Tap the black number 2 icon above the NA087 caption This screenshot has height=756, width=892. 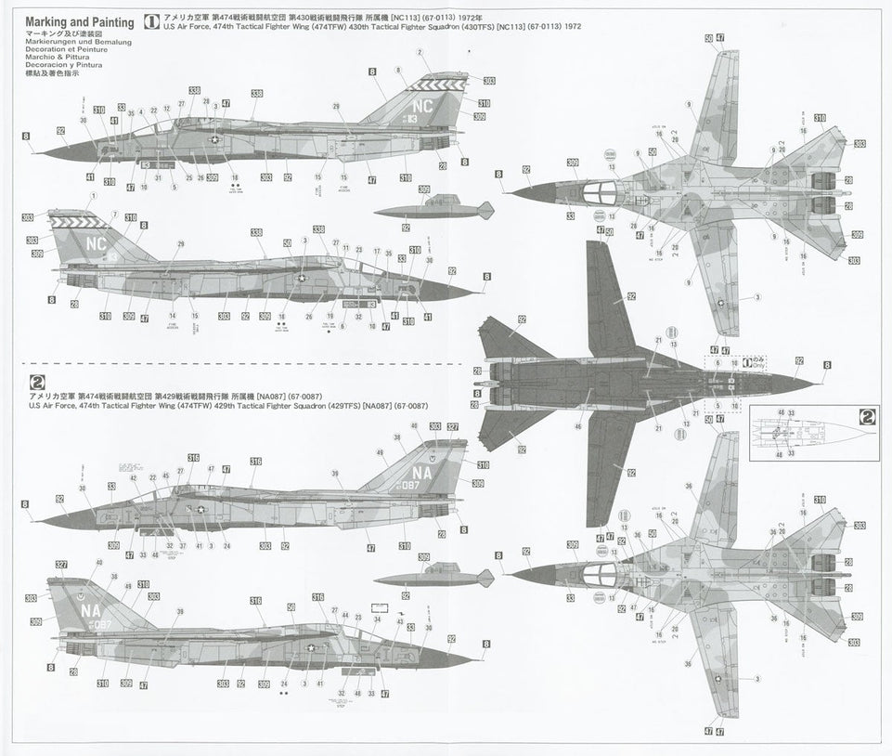[36, 381]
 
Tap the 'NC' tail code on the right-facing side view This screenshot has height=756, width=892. [96, 242]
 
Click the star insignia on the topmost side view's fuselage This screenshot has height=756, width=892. [213, 139]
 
